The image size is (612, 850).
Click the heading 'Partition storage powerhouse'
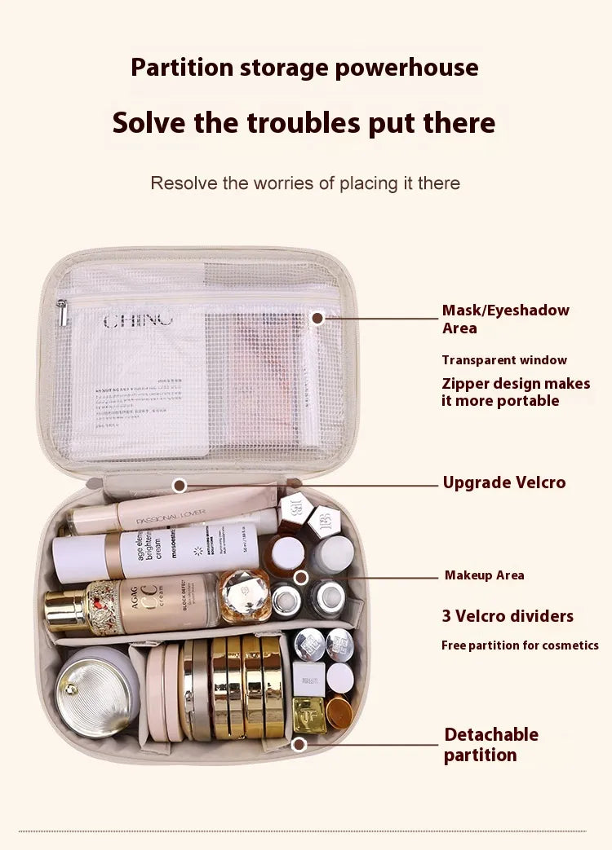304,67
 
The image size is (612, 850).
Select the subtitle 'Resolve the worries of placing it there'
304,183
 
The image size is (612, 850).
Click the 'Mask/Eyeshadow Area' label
505,319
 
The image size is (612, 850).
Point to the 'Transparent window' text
503,360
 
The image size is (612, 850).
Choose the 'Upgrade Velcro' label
503,482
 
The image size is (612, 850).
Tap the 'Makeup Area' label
484,575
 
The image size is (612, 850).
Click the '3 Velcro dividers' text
508,616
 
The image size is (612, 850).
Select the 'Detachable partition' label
490,744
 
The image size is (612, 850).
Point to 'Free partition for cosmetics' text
520,645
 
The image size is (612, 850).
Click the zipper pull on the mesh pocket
61,310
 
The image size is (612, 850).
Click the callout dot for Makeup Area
301,577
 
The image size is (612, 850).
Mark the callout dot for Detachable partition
299,744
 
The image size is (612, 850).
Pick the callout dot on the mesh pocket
317,316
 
